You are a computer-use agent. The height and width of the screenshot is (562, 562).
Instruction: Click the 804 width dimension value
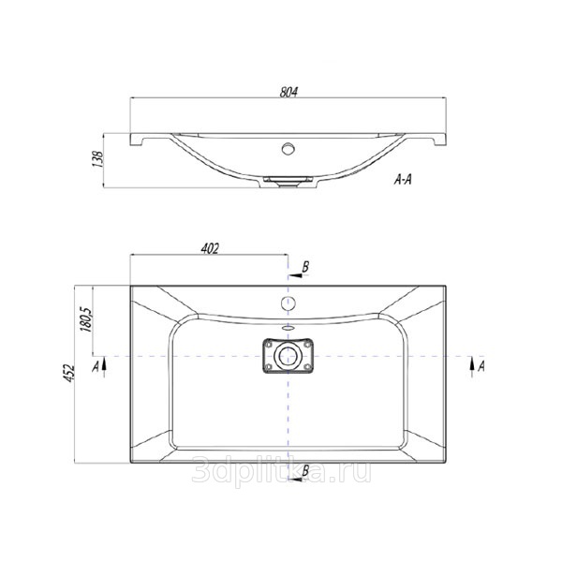(288, 92)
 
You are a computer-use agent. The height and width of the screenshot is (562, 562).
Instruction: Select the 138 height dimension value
(97, 159)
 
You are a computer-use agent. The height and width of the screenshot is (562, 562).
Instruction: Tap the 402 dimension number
(210, 249)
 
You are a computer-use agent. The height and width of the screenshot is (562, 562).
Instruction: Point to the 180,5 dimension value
(88, 319)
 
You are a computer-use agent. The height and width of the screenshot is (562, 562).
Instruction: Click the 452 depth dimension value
(69, 374)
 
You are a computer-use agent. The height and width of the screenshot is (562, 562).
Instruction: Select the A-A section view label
(403, 180)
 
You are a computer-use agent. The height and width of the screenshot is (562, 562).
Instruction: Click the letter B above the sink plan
(305, 267)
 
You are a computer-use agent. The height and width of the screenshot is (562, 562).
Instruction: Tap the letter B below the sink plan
(305, 470)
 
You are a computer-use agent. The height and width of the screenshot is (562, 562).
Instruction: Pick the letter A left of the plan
(96, 366)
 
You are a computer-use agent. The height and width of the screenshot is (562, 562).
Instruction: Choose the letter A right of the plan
(481, 366)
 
